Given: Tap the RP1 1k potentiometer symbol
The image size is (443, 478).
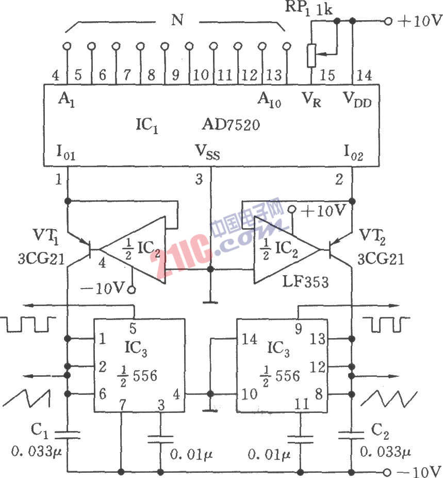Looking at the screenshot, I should (x=311, y=55).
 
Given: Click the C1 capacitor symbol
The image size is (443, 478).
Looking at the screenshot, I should (x=68, y=435).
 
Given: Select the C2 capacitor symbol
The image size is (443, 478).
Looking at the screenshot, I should (x=351, y=435).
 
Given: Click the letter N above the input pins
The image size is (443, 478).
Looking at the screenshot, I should (x=177, y=22).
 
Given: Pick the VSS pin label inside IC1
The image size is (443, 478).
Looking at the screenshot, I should (x=207, y=152).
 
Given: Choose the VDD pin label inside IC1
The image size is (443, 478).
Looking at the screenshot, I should (x=358, y=99).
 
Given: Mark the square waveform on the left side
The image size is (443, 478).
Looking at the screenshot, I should (x=28, y=324).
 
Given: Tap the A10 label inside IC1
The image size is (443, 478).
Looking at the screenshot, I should (x=269, y=99).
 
